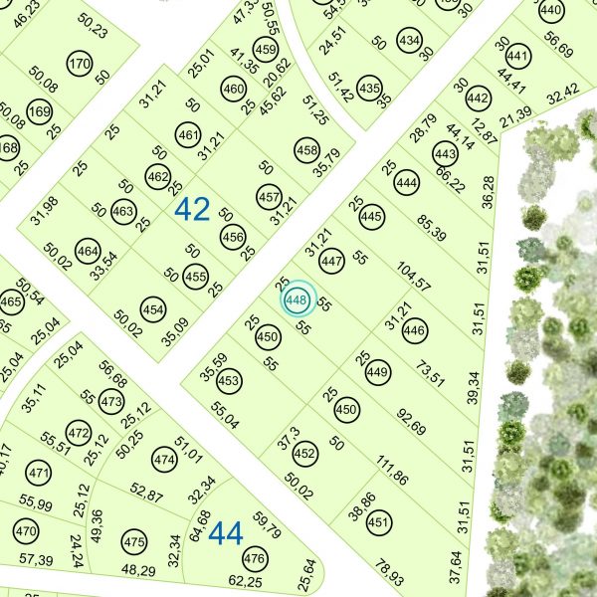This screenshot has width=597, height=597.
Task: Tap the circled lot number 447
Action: [x=332, y=262]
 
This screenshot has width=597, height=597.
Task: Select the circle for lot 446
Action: [x=414, y=330]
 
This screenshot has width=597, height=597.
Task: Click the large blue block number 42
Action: [x=192, y=210]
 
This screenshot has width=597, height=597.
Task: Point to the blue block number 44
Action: [x=227, y=534]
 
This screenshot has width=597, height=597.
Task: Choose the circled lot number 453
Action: [x=229, y=381]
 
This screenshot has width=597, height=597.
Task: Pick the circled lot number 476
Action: [x=256, y=558]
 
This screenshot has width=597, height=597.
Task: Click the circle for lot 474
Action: [x=164, y=460]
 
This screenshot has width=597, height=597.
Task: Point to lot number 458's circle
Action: [x=306, y=150]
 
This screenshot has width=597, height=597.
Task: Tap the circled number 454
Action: [x=153, y=308]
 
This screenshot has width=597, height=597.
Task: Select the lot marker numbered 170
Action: [x=80, y=66]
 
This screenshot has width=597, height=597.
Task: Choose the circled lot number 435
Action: [x=369, y=88]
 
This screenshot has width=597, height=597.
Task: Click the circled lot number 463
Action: [x=123, y=212]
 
